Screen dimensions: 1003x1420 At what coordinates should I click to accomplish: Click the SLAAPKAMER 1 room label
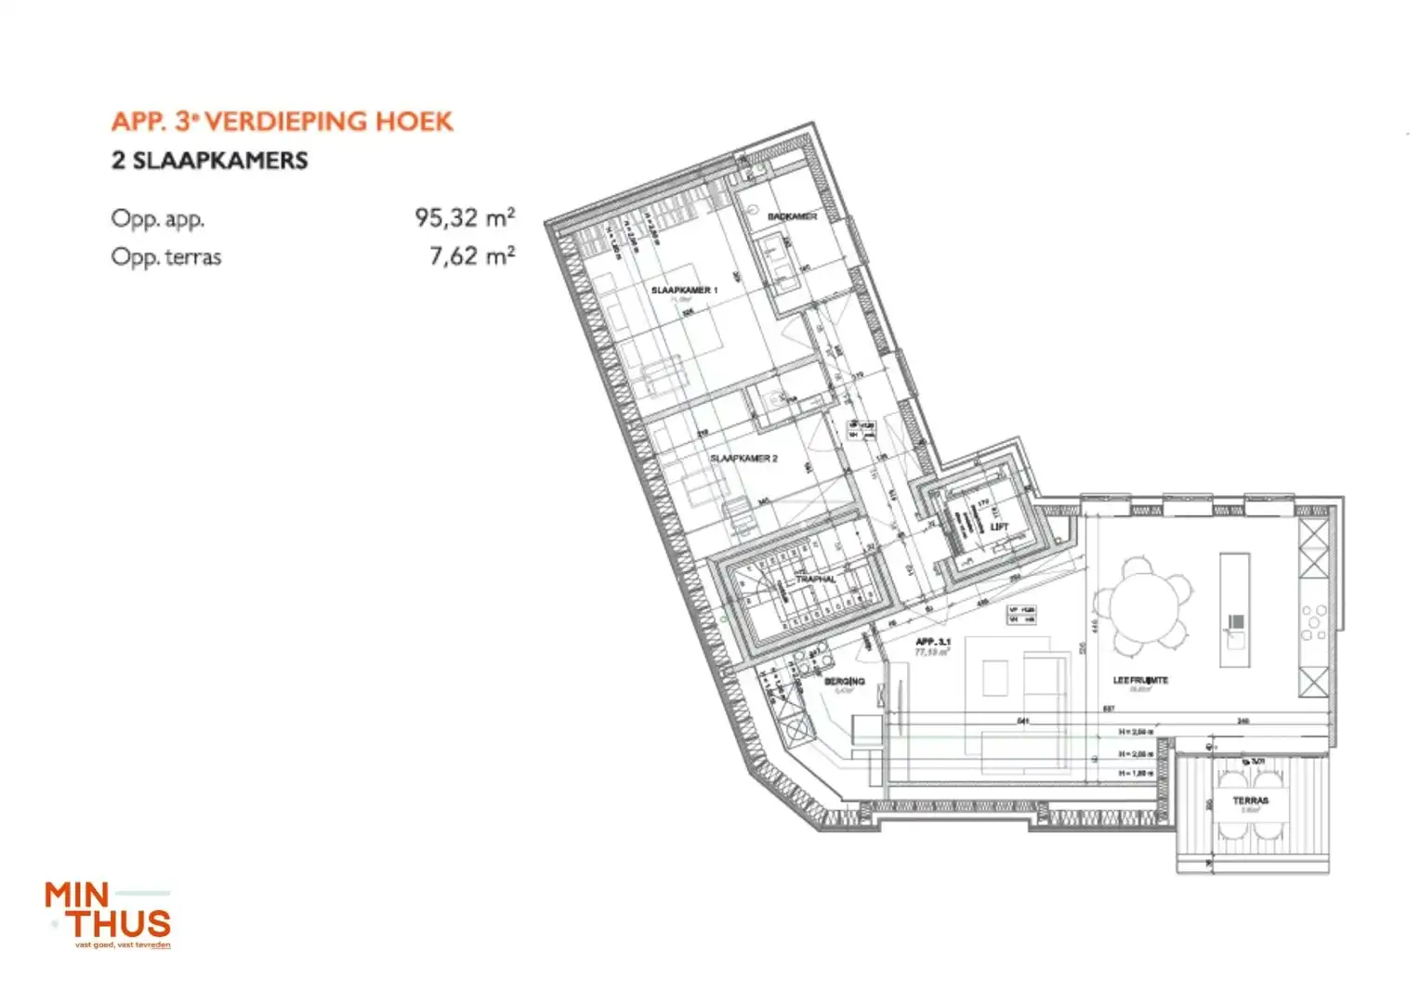(684, 291)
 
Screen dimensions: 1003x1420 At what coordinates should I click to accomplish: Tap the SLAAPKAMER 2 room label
(743, 459)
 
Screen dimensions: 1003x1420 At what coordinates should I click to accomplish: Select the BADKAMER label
(792, 216)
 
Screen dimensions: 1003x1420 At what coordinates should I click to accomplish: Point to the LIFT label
(999, 527)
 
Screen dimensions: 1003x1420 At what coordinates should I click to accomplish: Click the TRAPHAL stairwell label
(815, 579)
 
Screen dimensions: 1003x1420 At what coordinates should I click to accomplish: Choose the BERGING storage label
(844, 682)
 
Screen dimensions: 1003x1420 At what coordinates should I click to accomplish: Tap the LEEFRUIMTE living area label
(1140, 681)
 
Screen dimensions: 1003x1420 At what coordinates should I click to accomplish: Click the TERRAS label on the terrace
(1250, 801)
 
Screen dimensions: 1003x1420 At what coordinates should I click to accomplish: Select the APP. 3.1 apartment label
(932, 642)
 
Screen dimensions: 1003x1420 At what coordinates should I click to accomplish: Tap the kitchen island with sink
(1234, 609)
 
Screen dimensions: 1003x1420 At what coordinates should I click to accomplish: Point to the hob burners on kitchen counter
(1314, 623)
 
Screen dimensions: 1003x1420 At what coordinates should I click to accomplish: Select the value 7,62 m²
(472, 256)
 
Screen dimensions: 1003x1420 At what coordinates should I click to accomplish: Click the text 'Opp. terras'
(166, 257)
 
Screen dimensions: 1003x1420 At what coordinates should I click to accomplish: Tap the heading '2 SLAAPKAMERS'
(209, 161)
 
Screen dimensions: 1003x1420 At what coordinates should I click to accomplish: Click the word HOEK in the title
(414, 122)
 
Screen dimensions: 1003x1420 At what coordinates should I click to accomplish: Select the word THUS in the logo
(120, 924)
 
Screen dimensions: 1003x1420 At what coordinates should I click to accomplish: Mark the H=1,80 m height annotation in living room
(1136, 773)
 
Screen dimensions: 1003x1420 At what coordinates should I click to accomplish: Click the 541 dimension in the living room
(1023, 721)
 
